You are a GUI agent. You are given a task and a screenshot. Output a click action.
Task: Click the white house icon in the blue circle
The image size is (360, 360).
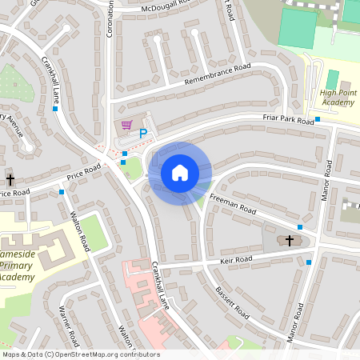coord(180,173)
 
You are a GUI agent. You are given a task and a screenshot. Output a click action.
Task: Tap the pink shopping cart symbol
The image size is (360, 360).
coord(126,125)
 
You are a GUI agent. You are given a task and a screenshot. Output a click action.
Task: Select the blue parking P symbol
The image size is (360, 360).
coord(143,134)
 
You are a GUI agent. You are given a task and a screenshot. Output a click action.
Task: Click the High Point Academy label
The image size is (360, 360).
coord(337,98)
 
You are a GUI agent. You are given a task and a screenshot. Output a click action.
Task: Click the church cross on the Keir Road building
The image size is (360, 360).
coord(290,240)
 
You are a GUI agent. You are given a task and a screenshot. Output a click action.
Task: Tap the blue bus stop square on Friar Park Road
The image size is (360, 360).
coord(318,120)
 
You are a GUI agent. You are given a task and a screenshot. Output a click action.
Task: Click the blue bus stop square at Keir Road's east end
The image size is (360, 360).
coord(309,262)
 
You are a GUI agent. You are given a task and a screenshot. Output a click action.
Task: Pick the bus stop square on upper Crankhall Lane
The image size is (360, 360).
coord(54,109)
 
